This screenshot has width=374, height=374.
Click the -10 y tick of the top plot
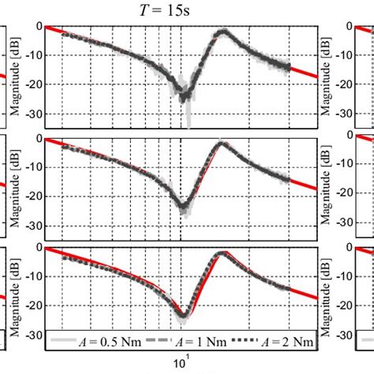click(32, 55)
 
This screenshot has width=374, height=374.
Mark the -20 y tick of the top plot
click(32, 84)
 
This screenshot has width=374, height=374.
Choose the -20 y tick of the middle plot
click(32, 196)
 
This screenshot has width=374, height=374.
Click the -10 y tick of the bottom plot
click(32, 276)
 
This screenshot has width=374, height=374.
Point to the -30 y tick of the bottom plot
click(32, 335)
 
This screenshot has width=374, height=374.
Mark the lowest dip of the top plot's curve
click(185, 98)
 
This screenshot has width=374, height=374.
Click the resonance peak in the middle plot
click(223, 144)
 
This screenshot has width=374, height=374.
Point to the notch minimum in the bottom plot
click(183, 315)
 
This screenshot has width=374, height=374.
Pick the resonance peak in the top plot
click(224, 32)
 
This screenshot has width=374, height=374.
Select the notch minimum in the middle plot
click(183, 208)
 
